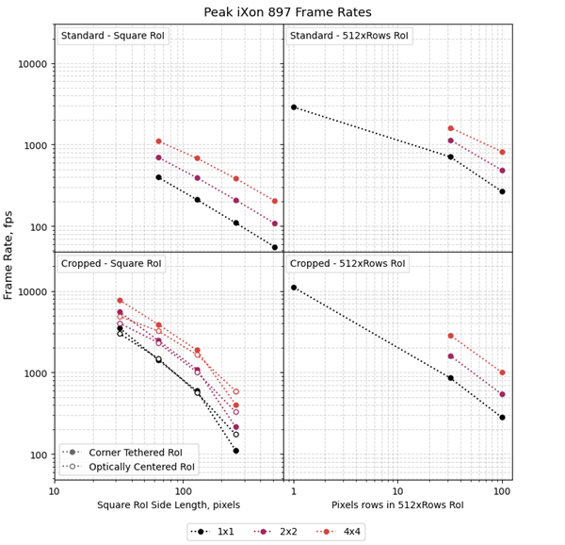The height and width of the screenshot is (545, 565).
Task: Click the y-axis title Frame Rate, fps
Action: click(9, 253)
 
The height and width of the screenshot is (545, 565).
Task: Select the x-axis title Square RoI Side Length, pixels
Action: click(169, 505)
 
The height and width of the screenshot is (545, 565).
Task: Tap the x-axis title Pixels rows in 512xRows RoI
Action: click(397, 505)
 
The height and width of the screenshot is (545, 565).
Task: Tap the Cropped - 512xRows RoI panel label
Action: click(349, 264)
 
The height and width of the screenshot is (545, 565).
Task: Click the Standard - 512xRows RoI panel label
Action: click(349, 36)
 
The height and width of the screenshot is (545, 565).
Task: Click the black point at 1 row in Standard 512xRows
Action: click(294, 107)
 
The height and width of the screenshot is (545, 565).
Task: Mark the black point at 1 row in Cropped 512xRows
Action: click(294, 288)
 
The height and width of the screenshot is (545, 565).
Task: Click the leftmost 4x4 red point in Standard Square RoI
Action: click(158, 141)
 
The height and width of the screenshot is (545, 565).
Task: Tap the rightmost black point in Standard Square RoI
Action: click(275, 247)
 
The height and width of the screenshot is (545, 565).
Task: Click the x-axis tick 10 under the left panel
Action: click(55, 491)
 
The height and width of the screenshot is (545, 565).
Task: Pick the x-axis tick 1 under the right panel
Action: click(294, 491)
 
